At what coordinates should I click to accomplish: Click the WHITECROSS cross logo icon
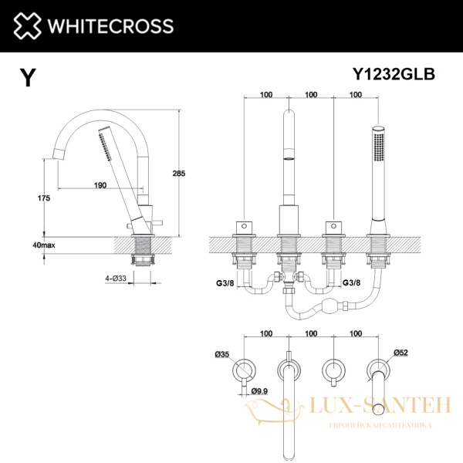coord(26,25)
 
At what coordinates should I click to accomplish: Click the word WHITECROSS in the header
coord(111,26)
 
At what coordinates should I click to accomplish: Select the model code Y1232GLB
coord(394,74)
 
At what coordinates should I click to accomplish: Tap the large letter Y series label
coord(28,79)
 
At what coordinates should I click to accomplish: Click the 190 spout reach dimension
coord(100,185)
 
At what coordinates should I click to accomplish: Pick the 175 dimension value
coord(43,198)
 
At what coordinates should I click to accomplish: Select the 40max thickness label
coord(43,245)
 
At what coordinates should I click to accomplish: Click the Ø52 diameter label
coord(400,353)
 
